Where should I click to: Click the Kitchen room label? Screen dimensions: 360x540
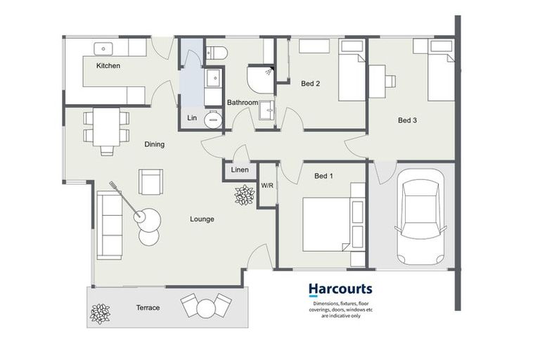108,65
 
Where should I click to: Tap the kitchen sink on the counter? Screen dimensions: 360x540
104,48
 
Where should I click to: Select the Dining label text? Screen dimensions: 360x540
154,144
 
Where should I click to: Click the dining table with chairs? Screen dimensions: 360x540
106,128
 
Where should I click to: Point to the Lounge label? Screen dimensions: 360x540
202,219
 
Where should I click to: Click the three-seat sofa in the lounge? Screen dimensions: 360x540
110,225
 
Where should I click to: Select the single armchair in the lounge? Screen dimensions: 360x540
151,181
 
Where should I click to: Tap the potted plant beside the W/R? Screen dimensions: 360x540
244,195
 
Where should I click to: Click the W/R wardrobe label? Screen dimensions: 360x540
267,186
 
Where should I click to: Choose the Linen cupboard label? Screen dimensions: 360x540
239,171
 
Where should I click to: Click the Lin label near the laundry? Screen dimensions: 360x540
191,118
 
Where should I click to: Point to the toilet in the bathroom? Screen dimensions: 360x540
215,52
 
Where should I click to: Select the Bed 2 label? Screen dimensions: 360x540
310,84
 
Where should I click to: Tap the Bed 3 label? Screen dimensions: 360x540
407,120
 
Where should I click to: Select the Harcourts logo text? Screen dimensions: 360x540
340,289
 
